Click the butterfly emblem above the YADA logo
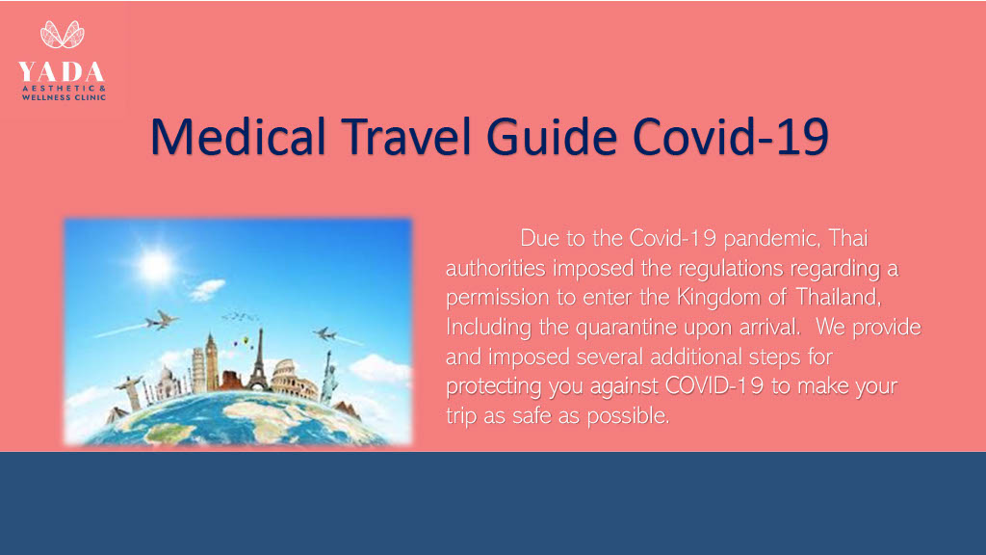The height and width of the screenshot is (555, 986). tap(63, 35)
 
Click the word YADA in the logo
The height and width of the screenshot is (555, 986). tap(61, 71)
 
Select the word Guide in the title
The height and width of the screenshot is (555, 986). tap(552, 137)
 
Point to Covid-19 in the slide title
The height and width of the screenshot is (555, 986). tap(731, 137)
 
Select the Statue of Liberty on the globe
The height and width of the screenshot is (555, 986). tap(327, 377)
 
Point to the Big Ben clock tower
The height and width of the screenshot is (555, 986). tap(211, 362)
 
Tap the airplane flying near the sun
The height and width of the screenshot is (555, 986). tap(161, 320)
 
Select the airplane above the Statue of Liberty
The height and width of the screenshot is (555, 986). tap(325, 334)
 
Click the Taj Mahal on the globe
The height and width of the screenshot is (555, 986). tap(167, 383)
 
